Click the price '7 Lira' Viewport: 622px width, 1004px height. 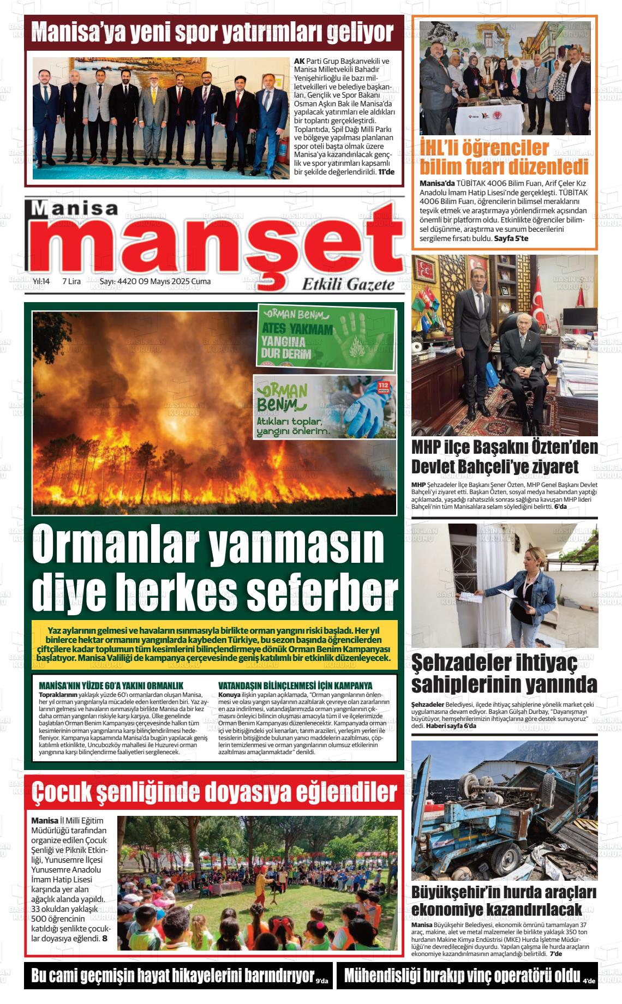pyautogui.click(x=71, y=281)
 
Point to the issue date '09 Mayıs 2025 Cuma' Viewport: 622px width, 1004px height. pyautogui.click(x=175, y=281)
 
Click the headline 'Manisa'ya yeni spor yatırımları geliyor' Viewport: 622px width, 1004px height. pyautogui.click(x=213, y=33)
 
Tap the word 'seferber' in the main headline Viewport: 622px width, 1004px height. pyautogui.click(x=322, y=592)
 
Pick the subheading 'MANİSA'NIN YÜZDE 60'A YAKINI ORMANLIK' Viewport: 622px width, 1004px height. pyautogui.click(x=111, y=686)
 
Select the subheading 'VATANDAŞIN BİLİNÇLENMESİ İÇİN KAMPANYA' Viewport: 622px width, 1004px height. pyautogui.click(x=295, y=686)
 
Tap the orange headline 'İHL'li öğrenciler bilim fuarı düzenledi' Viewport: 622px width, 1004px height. pyautogui.click(x=504, y=157)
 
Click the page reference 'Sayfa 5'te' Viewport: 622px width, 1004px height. pyautogui.click(x=511, y=238)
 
